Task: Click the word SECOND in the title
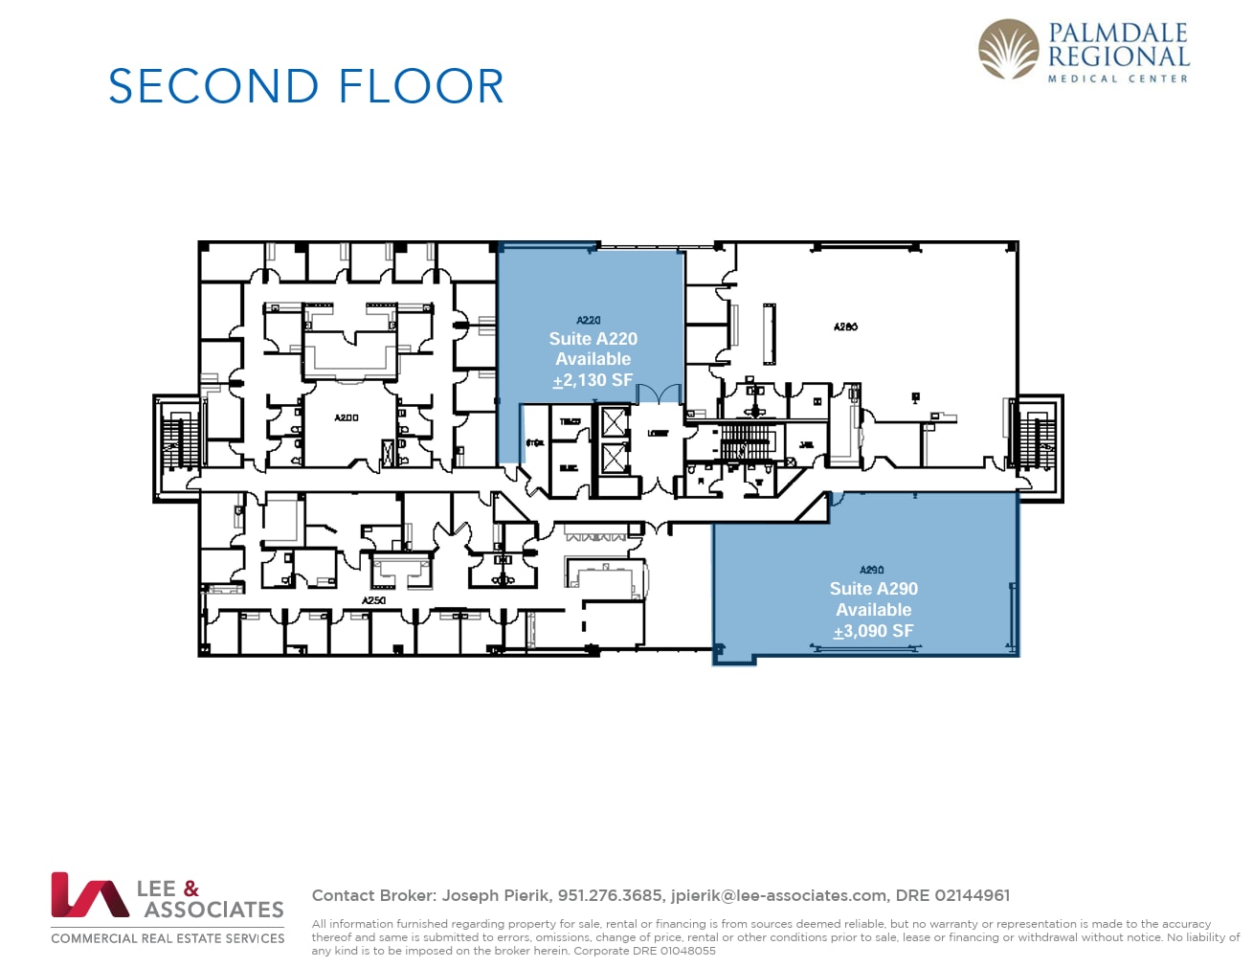[213, 87]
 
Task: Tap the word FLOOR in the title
[421, 87]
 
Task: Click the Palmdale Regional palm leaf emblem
[1008, 50]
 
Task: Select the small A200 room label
[347, 418]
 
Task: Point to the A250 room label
[373, 600]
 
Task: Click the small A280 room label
[845, 326]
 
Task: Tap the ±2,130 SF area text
[593, 380]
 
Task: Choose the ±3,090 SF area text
[873, 631]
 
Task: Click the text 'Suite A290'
[873, 589]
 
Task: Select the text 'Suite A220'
[593, 339]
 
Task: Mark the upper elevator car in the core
[613, 422]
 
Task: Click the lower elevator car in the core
[613, 458]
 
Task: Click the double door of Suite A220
[659, 394]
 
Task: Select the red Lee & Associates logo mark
[89, 895]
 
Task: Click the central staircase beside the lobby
[744, 443]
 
